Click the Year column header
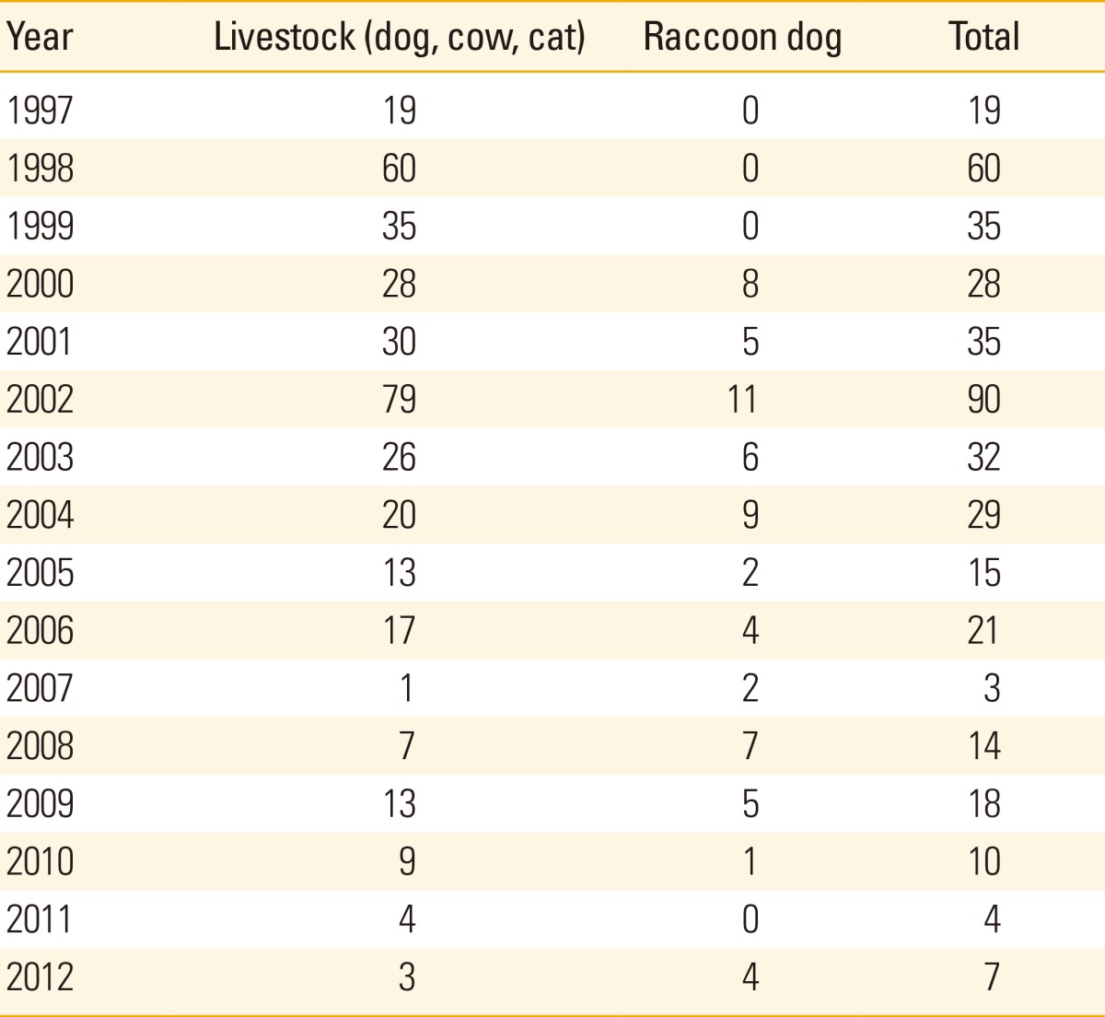click(40, 38)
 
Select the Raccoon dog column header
click(742, 38)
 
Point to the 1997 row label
click(40, 111)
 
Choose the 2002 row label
click(40, 399)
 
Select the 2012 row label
click(40, 976)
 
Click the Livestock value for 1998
click(399, 169)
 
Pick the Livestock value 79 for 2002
click(399, 399)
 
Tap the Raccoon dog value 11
click(742, 399)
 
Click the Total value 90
click(983, 399)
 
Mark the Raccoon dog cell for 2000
click(750, 284)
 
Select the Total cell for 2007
click(992, 688)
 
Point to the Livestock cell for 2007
click(407, 688)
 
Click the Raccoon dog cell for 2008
click(750, 746)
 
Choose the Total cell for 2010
click(983, 861)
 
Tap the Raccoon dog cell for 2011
click(750, 918)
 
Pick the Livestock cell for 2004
click(399, 515)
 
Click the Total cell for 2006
click(983, 630)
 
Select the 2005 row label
click(40, 573)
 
